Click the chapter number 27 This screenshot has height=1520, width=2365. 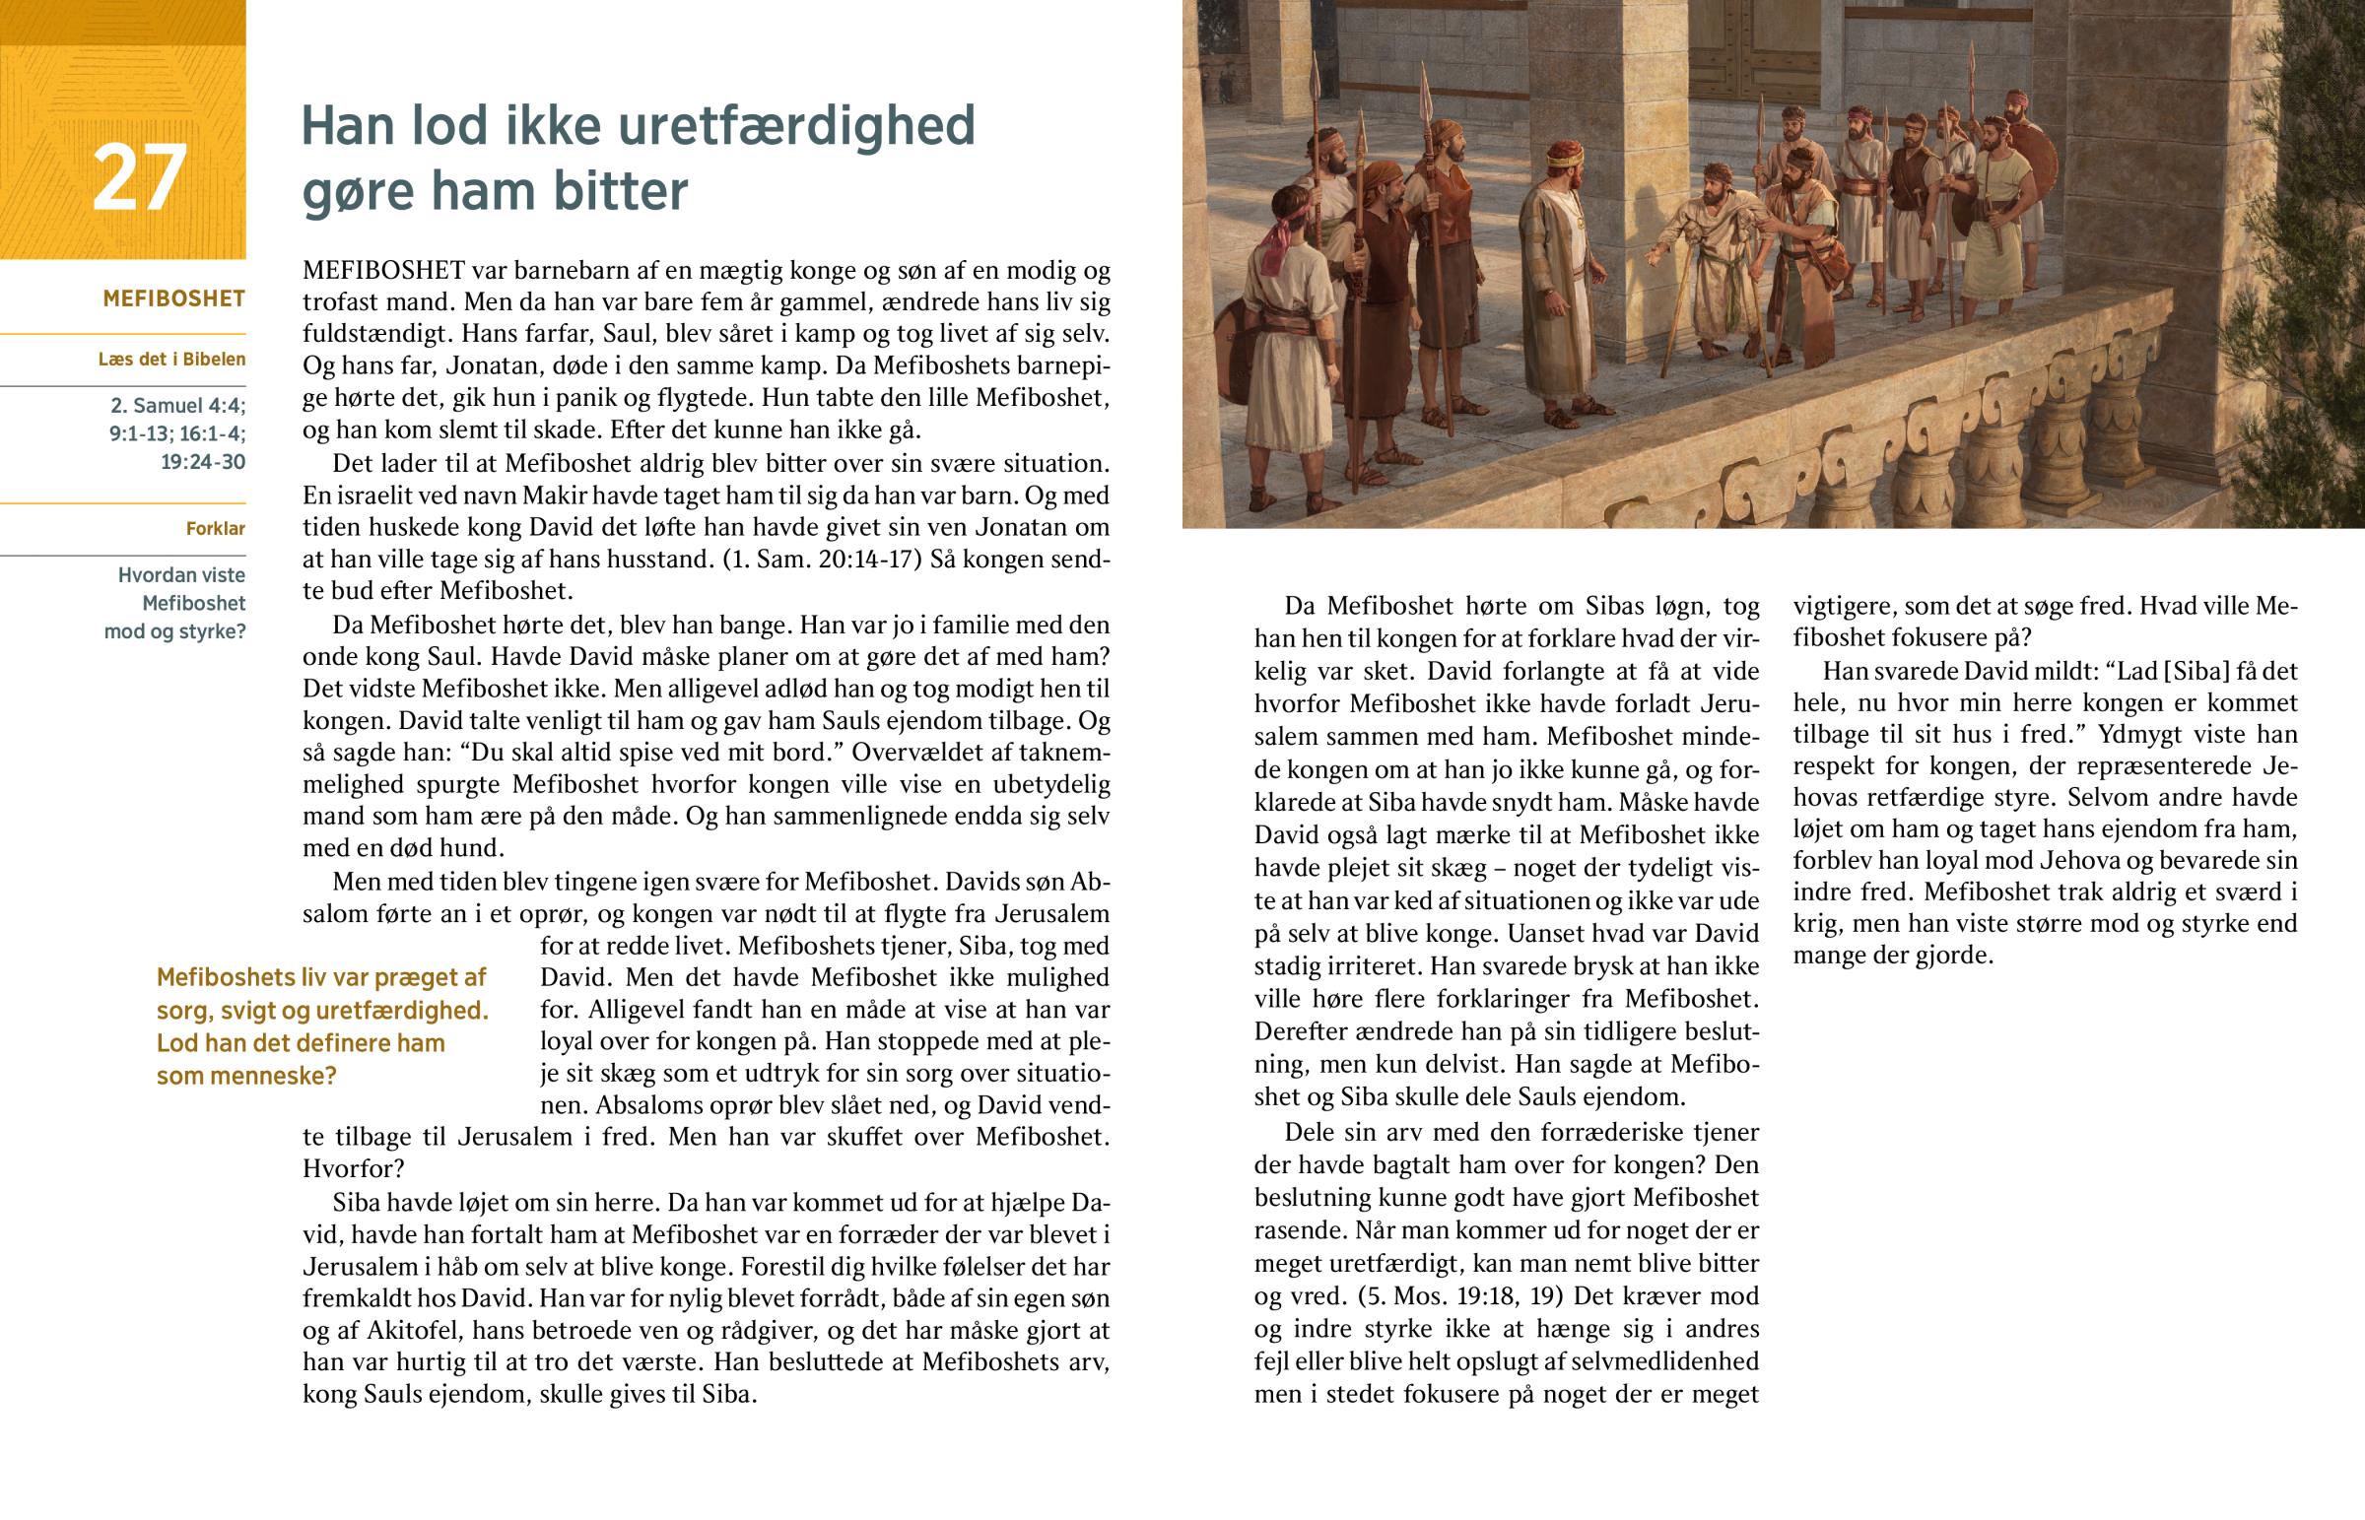coord(139,177)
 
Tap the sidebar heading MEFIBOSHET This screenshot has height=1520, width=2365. coord(173,299)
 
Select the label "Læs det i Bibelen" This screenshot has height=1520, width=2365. coord(171,360)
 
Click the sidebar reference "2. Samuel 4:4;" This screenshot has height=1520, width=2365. coord(177,406)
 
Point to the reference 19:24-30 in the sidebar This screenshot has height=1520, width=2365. coord(202,462)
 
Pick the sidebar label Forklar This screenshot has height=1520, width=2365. coord(215,529)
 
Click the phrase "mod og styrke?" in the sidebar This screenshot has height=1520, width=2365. coord(174,631)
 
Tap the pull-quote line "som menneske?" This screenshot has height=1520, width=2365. coord(246,1076)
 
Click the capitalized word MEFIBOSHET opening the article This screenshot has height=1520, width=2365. coord(383,271)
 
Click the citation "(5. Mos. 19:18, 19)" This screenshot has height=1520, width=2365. coord(1442,1296)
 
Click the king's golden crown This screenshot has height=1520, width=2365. coord(1564,154)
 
